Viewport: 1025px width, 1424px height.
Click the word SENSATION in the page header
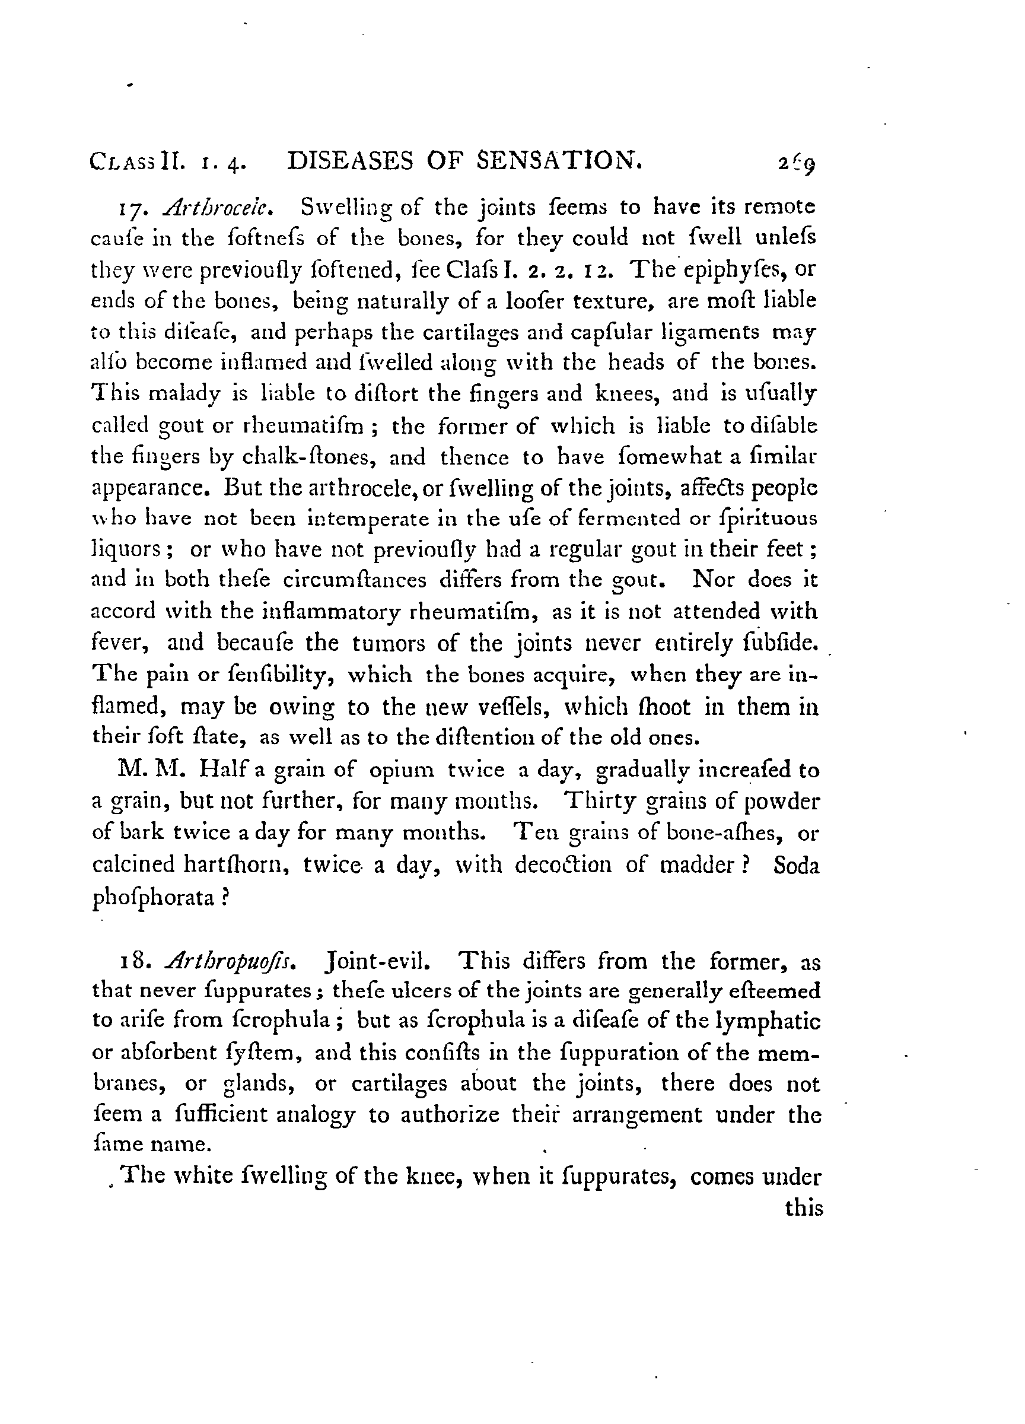pyautogui.click(x=560, y=161)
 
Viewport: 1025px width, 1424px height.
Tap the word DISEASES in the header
pyautogui.click(x=350, y=162)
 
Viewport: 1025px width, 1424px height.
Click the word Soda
pyautogui.click(x=796, y=865)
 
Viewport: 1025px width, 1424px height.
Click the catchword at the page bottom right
pyautogui.click(x=803, y=1208)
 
